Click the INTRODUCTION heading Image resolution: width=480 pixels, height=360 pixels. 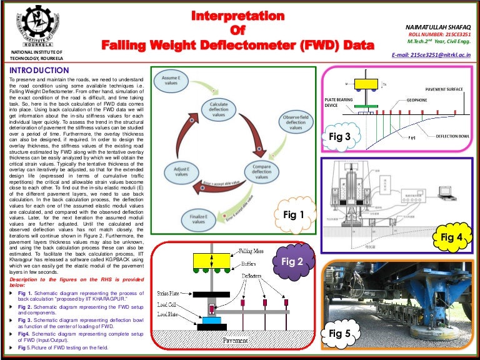click(39, 71)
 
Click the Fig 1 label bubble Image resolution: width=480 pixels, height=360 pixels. click(293, 214)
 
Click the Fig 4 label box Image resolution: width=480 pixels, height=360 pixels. click(451, 237)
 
